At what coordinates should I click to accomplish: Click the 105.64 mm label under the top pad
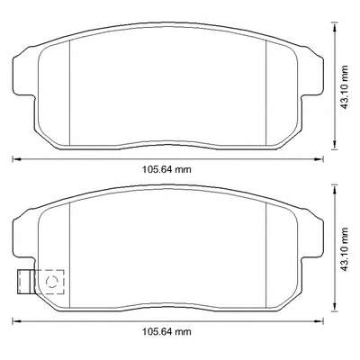166,169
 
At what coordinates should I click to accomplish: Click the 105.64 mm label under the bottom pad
166,332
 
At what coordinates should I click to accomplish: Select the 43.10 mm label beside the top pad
345,87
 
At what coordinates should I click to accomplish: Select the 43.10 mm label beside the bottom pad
345,249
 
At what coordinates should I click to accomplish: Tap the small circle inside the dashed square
51,282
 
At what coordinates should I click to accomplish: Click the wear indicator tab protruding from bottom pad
24,282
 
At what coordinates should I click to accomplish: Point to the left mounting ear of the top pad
23,75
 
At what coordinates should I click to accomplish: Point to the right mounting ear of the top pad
312,74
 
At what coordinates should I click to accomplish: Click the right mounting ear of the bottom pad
312,236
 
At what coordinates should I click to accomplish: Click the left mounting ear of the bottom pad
23,237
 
